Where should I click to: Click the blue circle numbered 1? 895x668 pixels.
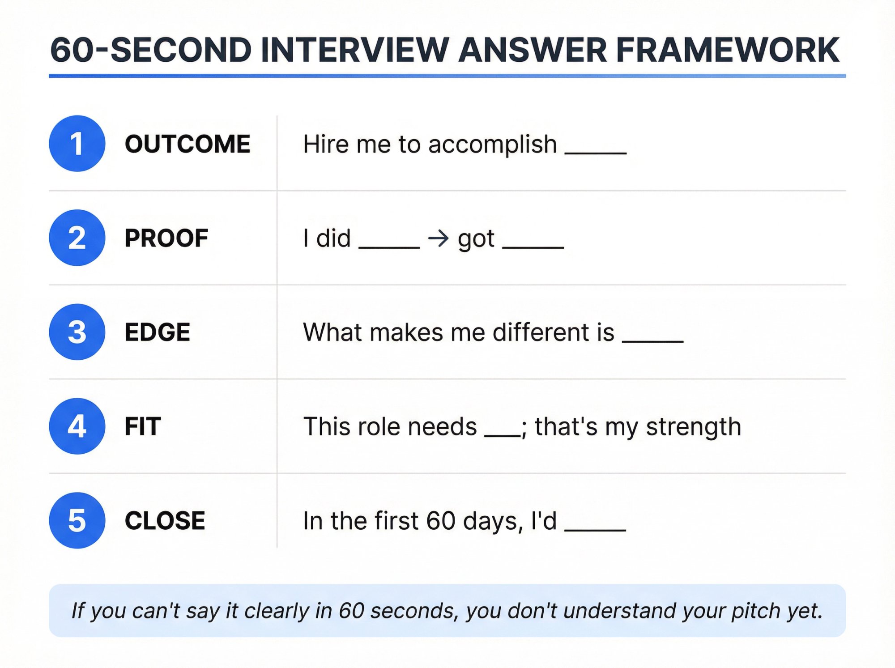[x=77, y=144]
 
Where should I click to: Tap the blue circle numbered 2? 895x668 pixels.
[x=77, y=238]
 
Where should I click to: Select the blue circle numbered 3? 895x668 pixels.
[x=77, y=332]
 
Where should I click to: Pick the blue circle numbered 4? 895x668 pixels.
[x=77, y=426]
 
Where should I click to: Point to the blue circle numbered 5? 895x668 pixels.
[x=77, y=520]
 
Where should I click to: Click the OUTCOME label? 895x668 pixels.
[x=188, y=144]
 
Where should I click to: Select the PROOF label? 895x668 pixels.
[x=166, y=238]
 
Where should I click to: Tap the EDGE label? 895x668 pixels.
[x=158, y=332]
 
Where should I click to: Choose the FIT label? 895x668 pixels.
[x=143, y=426]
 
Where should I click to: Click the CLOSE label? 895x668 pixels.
[x=165, y=521]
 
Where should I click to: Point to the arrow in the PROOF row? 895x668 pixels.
[x=438, y=238]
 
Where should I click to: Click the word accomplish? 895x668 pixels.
[x=492, y=145]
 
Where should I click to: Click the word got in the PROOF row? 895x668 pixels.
[x=476, y=239]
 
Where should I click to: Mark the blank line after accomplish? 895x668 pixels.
[x=596, y=153]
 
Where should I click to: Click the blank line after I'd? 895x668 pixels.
[x=595, y=530]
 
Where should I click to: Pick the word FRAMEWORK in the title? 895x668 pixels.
[x=728, y=50]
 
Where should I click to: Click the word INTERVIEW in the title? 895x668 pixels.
[x=354, y=50]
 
